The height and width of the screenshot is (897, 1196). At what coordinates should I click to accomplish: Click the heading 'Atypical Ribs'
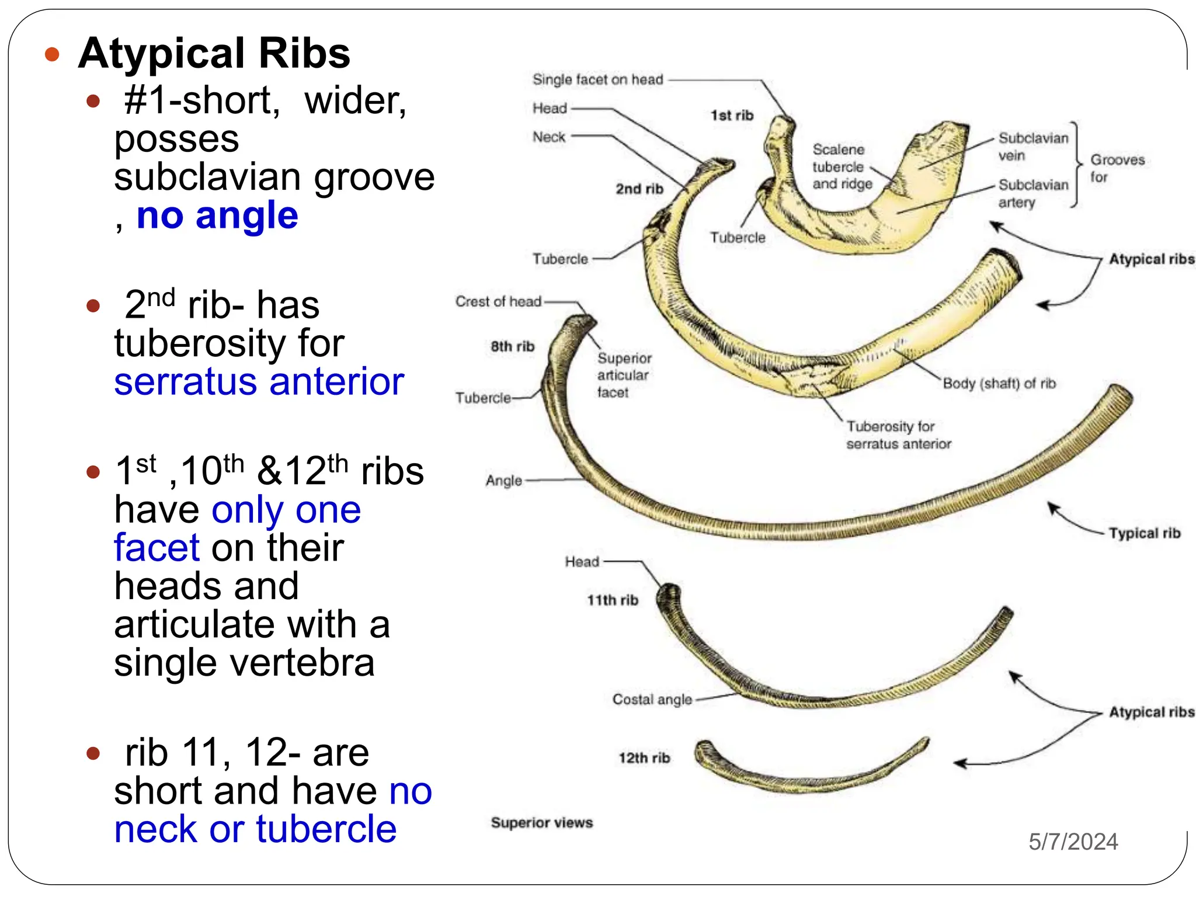[x=214, y=54]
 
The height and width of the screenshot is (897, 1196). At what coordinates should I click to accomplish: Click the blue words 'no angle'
[x=217, y=215]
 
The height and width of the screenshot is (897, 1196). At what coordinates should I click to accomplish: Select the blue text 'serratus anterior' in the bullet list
[x=259, y=382]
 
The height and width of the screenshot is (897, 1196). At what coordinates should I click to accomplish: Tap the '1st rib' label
[x=732, y=115]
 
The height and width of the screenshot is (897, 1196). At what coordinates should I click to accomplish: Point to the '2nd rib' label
[x=639, y=189]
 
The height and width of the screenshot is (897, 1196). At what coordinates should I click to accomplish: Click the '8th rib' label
[x=512, y=346]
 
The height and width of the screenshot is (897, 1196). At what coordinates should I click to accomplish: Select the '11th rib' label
[x=613, y=600]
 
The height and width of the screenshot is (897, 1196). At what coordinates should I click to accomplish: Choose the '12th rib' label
[x=644, y=757]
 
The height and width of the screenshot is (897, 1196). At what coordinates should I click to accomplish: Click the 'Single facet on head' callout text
[x=597, y=79]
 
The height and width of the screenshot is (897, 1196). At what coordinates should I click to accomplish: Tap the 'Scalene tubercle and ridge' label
[x=842, y=166]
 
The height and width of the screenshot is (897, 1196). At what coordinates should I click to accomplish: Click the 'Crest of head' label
[x=498, y=301]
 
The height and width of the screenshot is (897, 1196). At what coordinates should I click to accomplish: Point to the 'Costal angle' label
[x=652, y=699]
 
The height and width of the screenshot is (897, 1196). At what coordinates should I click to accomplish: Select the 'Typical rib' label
[x=1145, y=533]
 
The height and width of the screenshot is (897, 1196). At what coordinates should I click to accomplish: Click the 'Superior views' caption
[x=541, y=822]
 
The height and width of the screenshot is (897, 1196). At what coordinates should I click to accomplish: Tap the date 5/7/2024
[x=1073, y=842]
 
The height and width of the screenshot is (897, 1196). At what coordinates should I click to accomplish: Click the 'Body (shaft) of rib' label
[x=999, y=384]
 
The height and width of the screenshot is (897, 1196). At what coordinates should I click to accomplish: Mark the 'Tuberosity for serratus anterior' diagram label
[x=898, y=435]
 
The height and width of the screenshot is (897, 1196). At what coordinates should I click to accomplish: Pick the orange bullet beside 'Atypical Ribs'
[x=53, y=54]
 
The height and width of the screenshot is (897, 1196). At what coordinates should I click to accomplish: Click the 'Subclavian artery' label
[x=1032, y=193]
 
